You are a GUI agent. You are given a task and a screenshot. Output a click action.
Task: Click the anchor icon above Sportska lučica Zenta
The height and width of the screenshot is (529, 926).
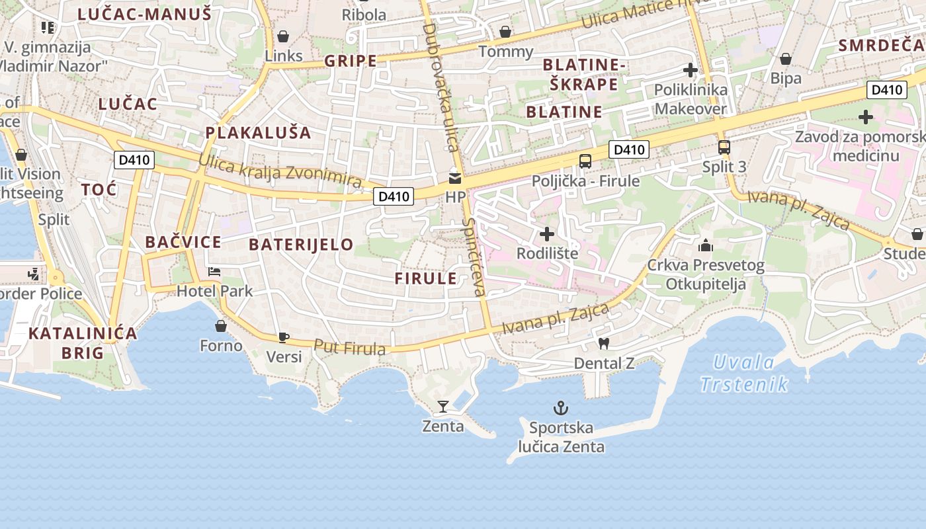click(561, 407)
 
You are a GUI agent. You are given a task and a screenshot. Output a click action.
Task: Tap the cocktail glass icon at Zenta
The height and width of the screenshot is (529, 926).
click(443, 406)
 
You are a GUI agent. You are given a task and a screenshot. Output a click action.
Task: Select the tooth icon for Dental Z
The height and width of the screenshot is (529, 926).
click(603, 343)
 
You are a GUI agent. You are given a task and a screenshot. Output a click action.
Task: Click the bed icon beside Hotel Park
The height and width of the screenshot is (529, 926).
click(214, 271)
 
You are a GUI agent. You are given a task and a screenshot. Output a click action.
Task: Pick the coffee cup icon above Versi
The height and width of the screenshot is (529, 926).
click(283, 337)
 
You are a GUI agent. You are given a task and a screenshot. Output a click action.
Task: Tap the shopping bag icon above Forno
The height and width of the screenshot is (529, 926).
click(221, 326)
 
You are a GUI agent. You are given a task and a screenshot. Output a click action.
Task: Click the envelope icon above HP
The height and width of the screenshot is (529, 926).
click(455, 178)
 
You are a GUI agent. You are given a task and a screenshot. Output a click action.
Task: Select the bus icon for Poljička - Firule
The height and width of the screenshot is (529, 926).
click(585, 161)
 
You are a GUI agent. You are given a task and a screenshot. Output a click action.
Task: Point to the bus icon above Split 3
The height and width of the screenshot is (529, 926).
click(724, 147)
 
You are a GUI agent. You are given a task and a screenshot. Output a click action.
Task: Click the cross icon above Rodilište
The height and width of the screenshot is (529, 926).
click(547, 233)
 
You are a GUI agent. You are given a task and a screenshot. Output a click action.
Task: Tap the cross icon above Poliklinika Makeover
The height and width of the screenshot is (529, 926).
click(691, 70)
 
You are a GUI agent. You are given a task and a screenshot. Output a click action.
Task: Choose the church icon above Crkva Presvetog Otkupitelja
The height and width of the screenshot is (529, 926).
click(706, 246)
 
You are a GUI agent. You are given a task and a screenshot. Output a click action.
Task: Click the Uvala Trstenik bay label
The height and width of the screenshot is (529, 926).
click(744, 373)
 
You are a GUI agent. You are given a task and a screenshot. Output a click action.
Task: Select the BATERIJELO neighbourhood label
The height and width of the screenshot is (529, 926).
click(301, 245)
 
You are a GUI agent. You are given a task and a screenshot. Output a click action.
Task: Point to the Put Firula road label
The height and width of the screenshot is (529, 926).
click(349, 346)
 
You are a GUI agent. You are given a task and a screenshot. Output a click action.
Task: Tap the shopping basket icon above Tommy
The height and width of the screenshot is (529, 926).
click(505, 32)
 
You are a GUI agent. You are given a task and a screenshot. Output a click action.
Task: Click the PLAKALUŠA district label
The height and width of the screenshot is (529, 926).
click(258, 132)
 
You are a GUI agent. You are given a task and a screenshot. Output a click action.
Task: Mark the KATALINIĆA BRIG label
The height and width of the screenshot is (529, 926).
click(83, 343)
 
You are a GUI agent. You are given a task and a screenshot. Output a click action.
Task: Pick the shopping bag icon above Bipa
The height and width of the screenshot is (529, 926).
click(786, 60)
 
